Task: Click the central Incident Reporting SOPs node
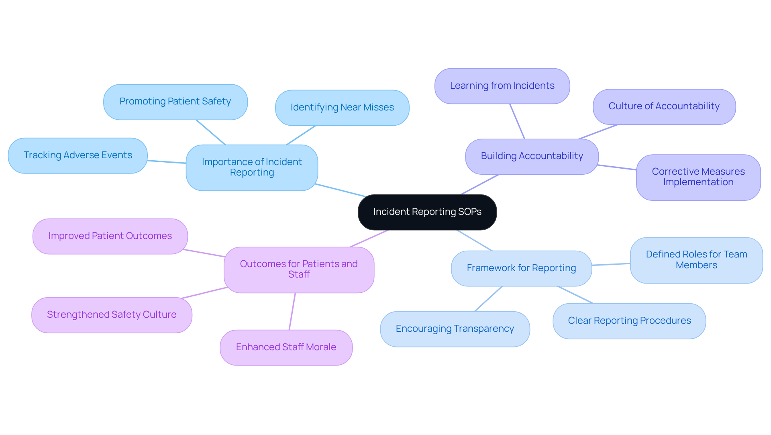[427, 212]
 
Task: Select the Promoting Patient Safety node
[175, 102]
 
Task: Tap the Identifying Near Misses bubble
[342, 108]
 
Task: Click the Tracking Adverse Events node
[78, 155]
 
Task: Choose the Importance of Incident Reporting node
[252, 167]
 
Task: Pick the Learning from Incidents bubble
[502, 86]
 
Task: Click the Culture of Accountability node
[664, 106]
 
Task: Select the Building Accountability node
[532, 156]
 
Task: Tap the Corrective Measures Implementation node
[698, 177]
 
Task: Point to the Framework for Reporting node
[521, 268]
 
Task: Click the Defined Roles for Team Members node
[696, 260]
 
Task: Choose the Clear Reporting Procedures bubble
[629, 321]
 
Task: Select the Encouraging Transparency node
[455, 329]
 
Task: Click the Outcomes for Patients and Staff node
[299, 270]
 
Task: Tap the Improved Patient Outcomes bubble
[110, 236]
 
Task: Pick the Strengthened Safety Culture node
[112, 315]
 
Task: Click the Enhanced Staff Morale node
[286, 347]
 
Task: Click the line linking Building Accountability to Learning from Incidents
[517, 121]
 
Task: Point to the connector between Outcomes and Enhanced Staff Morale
[292, 311]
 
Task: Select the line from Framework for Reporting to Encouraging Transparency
[488, 299]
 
